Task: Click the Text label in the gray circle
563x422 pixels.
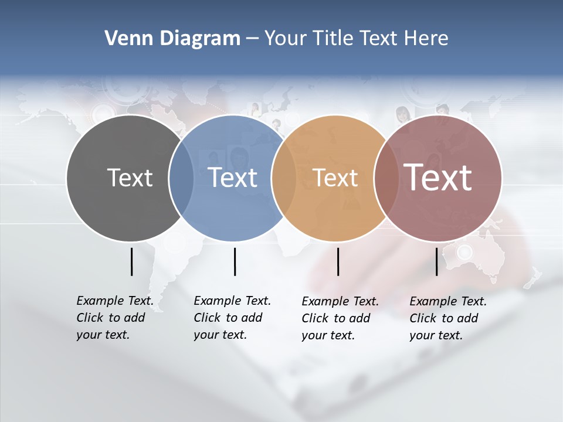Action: coord(130,178)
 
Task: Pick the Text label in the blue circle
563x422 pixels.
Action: coord(233,178)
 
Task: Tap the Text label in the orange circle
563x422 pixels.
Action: coord(335,178)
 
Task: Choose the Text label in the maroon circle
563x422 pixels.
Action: coord(438,177)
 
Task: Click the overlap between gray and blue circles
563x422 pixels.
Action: coord(181,178)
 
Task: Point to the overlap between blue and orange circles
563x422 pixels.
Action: coord(283,178)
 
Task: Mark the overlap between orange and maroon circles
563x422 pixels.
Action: coord(385,178)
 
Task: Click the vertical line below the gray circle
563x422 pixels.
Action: coord(131,261)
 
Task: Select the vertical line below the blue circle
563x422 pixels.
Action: coord(235,261)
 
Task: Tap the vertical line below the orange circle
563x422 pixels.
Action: coord(338,261)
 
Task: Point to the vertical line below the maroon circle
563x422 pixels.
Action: coord(436,261)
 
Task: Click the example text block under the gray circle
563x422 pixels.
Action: coord(114,318)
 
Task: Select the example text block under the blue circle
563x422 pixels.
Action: coord(232,318)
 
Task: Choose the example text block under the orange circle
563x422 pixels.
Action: coord(340,318)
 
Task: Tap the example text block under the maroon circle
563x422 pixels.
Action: coord(447,318)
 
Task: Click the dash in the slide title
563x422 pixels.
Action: coord(252,39)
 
